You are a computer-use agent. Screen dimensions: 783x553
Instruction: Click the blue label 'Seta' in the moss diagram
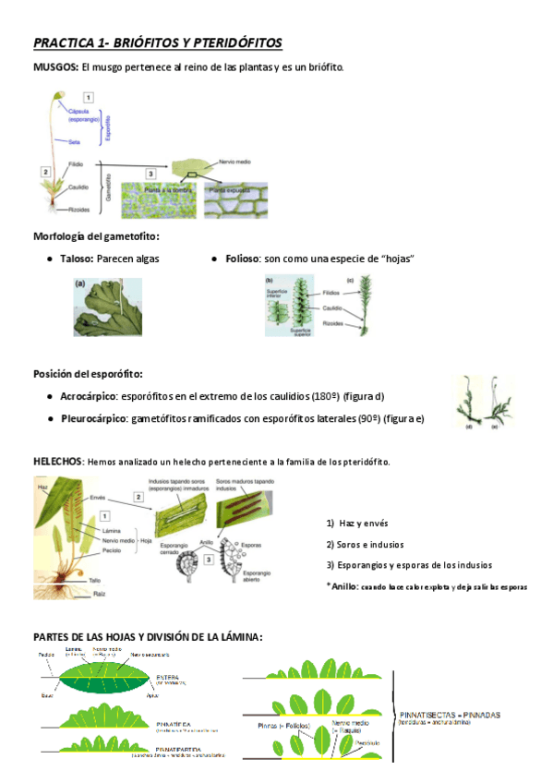[x=73, y=141]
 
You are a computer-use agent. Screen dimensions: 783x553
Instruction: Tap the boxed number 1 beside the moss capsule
[x=88, y=96]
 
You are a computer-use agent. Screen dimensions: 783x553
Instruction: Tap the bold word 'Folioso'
[x=242, y=259]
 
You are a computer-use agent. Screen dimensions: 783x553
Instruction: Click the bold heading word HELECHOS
[x=57, y=461]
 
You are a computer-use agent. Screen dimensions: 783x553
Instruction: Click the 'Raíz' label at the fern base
[x=99, y=596]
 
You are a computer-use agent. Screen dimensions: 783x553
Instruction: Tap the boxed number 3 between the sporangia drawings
[x=210, y=558]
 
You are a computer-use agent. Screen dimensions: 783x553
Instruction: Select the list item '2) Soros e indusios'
[x=365, y=544]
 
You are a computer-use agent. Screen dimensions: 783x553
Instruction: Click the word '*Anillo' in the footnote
[x=342, y=585]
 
